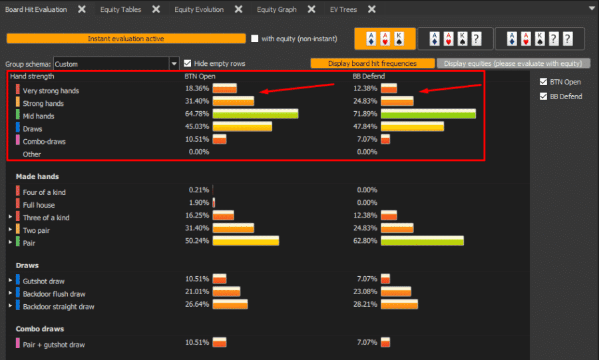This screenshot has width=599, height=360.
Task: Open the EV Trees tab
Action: (x=344, y=10)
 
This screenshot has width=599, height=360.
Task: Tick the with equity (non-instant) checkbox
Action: (x=255, y=39)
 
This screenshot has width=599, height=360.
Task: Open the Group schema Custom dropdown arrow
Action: (x=174, y=64)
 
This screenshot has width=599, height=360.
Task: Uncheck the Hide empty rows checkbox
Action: (x=188, y=64)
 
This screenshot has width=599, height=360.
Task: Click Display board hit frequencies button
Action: (x=372, y=64)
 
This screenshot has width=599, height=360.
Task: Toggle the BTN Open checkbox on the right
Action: (x=542, y=83)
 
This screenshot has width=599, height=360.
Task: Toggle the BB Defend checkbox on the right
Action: (x=542, y=96)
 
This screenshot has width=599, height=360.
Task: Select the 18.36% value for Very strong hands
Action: (x=197, y=89)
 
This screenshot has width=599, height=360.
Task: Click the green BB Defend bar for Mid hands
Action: (x=428, y=114)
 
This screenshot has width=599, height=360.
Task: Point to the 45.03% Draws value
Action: (x=197, y=127)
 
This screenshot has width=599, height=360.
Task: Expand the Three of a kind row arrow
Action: (x=10, y=218)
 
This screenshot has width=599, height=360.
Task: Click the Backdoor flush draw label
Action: (x=54, y=294)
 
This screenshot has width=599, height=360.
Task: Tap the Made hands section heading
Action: (x=37, y=177)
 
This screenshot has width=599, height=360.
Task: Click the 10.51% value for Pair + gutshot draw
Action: (x=197, y=343)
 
